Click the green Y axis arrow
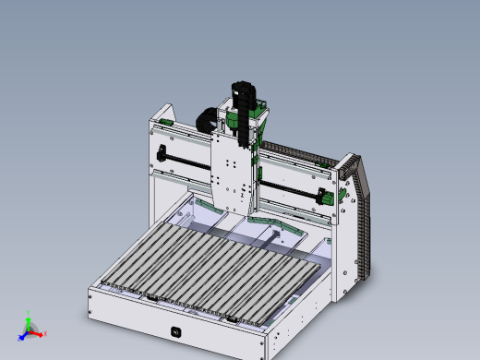coord(28,323)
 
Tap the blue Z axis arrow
coord(23,333)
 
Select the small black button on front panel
coord(175,331)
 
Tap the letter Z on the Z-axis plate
coord(242,196)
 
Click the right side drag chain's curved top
coord(352,166)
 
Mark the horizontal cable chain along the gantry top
coord(295,152)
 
